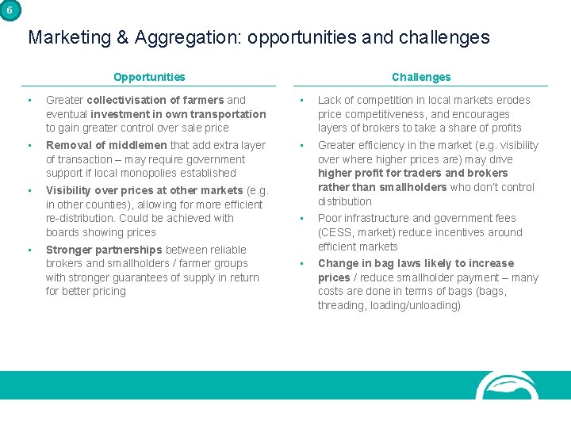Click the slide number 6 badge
point(9,9)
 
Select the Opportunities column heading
point(149,77)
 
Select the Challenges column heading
point(420,77)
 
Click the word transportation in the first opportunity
point(231,114)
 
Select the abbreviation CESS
point(335,232)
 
